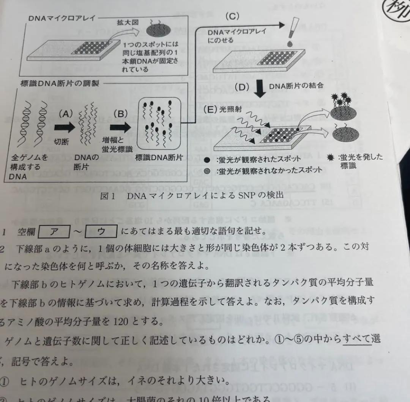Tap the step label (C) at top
point(232,16)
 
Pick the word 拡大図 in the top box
point(128,22)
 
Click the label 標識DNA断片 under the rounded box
point(159,156)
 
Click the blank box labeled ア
point(54,232)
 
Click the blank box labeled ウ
point(101,232)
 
